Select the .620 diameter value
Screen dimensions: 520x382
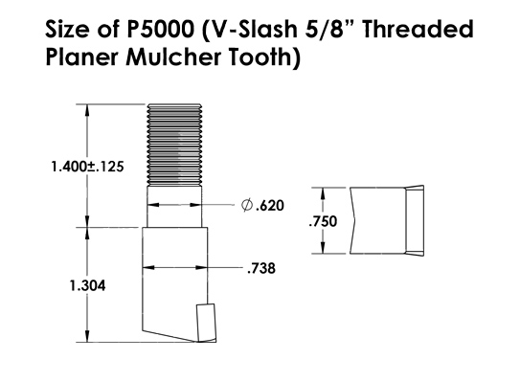(268, 205)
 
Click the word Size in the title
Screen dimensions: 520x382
(69, 30)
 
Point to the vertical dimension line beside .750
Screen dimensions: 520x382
(342, 220)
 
